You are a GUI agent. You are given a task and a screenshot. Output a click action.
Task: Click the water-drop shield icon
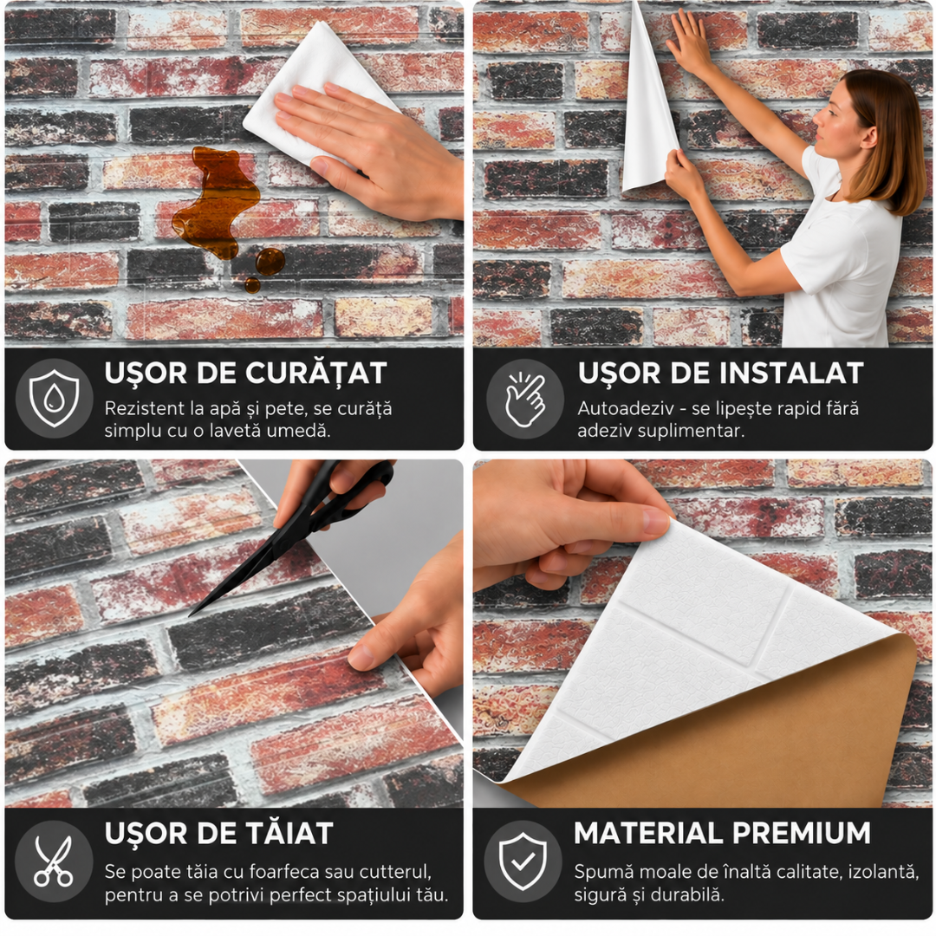(x=54, y=398)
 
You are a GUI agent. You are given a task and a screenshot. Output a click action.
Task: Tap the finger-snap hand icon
(x=524, y=399)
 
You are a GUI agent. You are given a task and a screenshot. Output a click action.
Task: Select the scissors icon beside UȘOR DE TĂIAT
(x=53, y=861)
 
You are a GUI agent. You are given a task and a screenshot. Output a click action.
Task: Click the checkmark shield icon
(x=523, y=861)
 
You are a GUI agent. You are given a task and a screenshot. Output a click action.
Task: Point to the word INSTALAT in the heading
(x=790, y=373)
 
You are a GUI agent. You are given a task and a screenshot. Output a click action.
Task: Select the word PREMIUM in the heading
(x=801, y=833)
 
